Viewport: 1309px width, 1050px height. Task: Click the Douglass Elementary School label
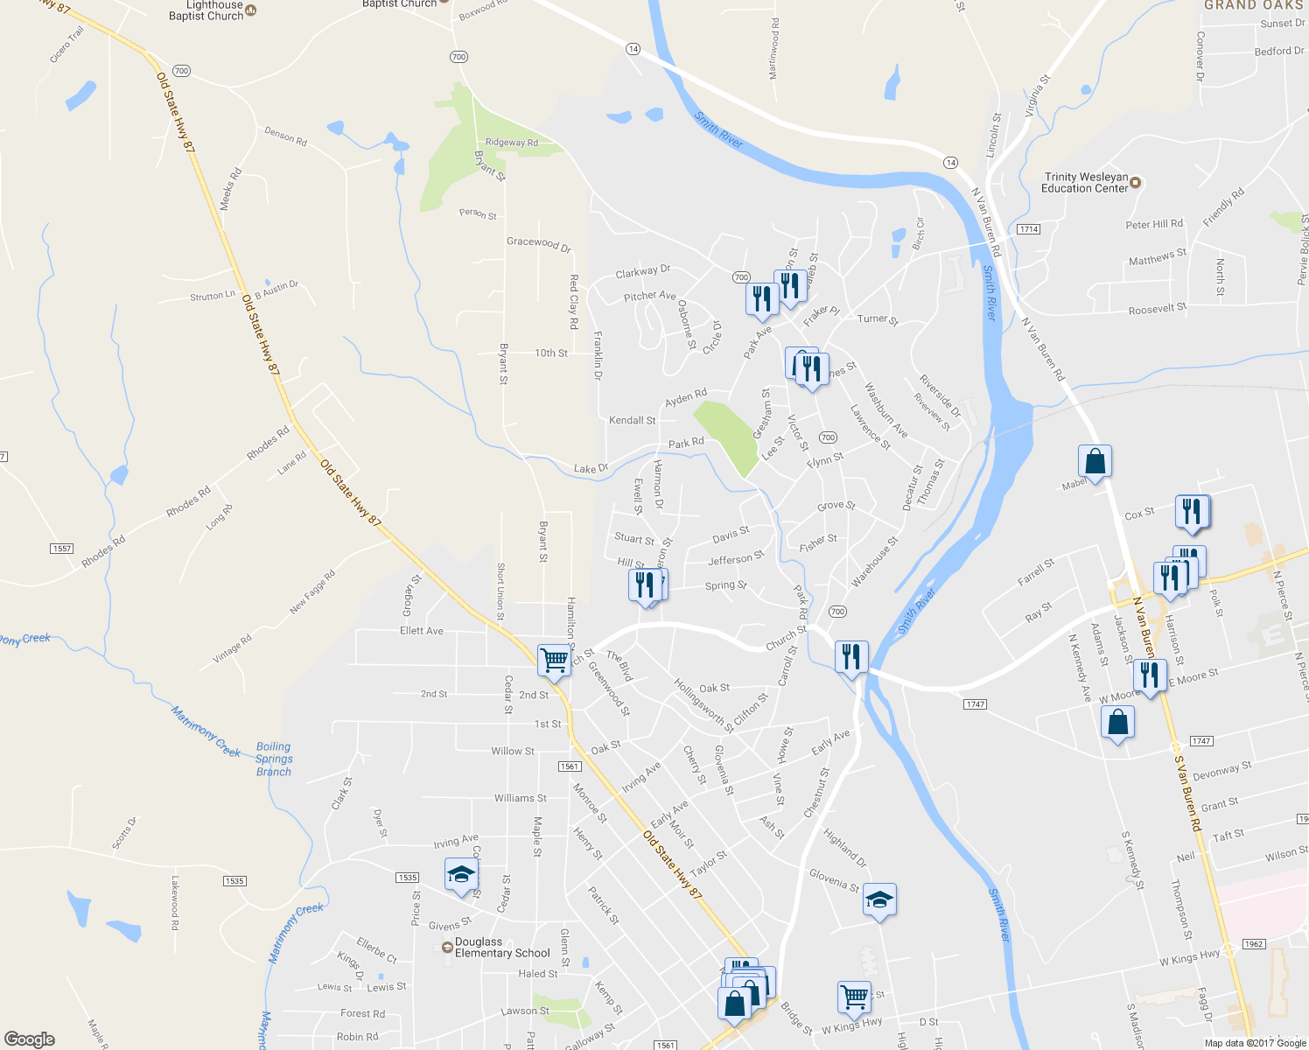click(502, 948)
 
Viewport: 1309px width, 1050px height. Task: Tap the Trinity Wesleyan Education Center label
click(1085, 182)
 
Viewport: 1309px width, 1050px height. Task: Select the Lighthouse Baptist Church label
click(206, 10)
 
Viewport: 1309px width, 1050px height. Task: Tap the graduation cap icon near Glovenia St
click(879, 899)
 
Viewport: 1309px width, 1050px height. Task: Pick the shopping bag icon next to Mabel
click(1095, 460)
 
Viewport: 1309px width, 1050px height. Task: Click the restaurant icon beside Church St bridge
click(850, 655)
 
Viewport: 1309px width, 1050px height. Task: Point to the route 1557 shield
click(61, 549)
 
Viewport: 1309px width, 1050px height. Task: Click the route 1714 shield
click(1028, 229)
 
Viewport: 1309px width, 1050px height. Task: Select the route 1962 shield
click(1254, 944)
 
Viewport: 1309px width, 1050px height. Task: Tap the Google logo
click(29, 1039)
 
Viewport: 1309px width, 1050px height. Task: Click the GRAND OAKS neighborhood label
click(1254, 5)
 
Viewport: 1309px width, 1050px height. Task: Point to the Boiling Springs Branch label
click(274, 759)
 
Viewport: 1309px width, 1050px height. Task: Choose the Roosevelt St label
click(1157, 310)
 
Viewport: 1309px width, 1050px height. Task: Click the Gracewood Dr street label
click(538, 243)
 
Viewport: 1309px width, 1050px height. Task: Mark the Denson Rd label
click(286, 136)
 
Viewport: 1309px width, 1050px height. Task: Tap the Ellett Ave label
click(422, 630)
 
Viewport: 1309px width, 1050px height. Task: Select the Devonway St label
click(1221, 771)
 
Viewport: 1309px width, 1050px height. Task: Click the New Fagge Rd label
click(312, 593)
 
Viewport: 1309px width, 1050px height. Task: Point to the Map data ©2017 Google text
click(1255, 1043)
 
